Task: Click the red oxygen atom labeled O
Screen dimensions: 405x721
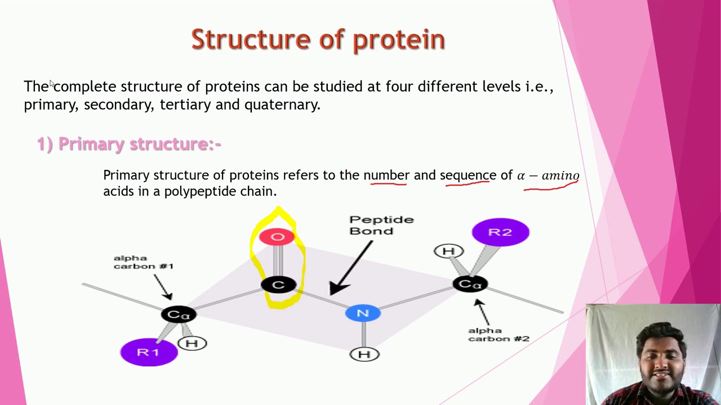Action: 277,237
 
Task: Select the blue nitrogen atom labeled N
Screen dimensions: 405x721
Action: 363,313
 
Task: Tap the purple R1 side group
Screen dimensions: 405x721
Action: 149,352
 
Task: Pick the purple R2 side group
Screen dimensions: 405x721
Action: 500,232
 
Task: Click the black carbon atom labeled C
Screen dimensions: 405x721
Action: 278,285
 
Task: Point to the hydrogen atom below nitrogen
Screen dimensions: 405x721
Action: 364,354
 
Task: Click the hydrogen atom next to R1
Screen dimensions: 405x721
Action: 192,343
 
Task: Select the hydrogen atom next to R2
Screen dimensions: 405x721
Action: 448,251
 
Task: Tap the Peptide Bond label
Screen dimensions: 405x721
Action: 381,225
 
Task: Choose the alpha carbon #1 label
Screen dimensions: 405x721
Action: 143,262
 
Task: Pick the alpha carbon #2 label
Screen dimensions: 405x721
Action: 499,335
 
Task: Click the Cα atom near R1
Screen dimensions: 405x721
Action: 178,315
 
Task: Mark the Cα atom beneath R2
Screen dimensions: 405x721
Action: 470,284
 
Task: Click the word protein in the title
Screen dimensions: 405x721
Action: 399,40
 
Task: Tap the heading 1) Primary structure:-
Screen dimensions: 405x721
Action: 129,144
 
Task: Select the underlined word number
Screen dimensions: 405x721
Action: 386,175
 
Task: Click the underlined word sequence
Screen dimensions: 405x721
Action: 468,175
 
